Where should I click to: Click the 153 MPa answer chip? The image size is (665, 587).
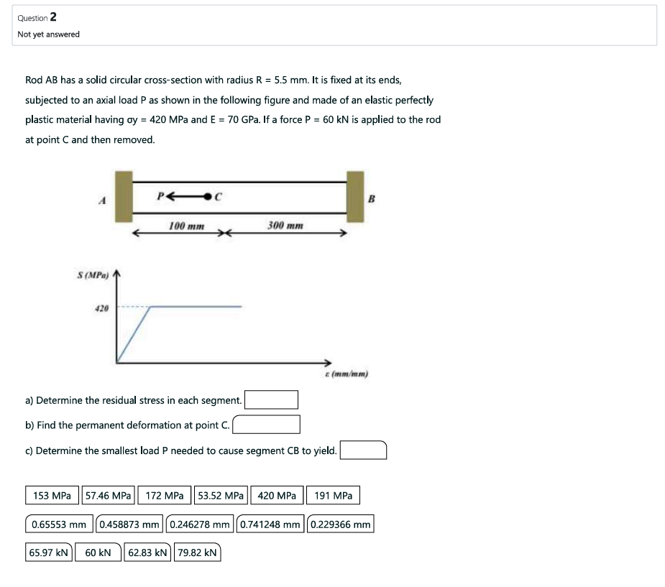tap(52, 496)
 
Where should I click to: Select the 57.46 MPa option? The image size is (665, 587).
tap(109, 496)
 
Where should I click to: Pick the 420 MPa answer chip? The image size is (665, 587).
tap(276, 496)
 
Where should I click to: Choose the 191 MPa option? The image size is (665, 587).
tap(334, 496)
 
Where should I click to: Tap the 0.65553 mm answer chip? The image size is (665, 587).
tap(59, 524)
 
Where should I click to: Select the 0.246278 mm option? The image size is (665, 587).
tap(201, 524)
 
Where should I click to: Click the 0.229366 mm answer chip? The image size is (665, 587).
tap(341, 524)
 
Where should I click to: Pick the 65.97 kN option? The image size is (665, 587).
tap(49, 553)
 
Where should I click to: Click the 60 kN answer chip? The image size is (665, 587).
tap(98, 553)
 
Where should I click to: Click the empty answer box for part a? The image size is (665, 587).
tap(272, 399)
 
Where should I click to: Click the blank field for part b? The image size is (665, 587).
tap(267, 425)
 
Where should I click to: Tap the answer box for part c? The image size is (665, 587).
tap(364, 450)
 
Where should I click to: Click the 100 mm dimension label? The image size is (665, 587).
tap(186, 226)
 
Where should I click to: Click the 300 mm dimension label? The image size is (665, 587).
tap(285, 226)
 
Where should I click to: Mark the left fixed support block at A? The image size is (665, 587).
tap(124, 196)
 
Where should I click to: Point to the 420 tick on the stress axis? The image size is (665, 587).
tap(101, 308)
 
